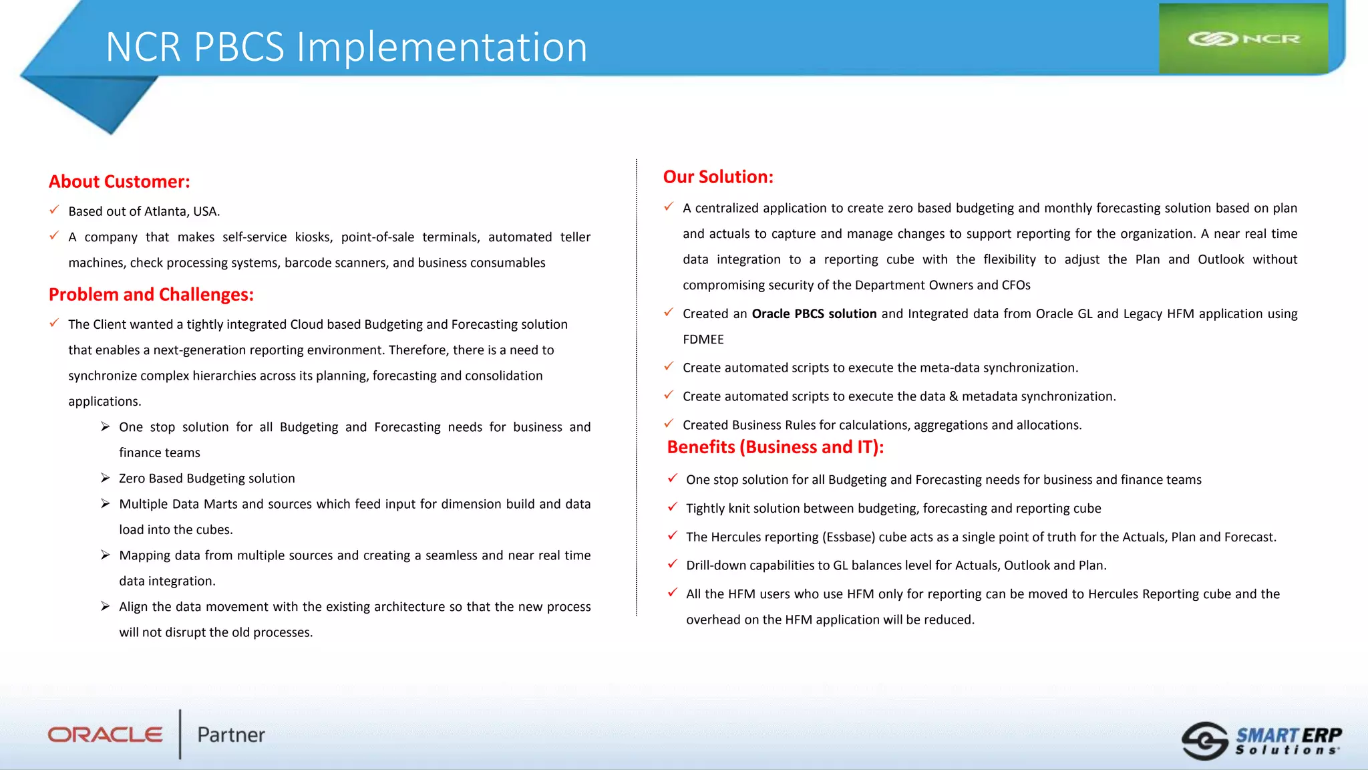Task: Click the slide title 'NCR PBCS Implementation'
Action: click(x=346, y=47)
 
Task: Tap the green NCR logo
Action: click(x=1243, y=39)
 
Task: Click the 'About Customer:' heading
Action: click(x=119, y=182)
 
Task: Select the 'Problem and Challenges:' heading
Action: click(x=151, y=295)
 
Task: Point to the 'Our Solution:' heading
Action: click(x=717, y=177)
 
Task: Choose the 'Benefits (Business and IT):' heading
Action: click(x=775, y=447)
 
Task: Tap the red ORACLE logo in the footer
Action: click(x=105, y=735)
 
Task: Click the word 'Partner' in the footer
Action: click(x=231, y=735)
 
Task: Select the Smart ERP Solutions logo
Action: click(x=1261, y=741)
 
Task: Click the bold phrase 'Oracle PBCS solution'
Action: click(x=814, y=314)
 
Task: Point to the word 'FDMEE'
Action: click(x=703, y=340)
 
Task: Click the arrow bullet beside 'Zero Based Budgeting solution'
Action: click(x=106, y=478)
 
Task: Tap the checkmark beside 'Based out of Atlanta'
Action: click(x=54, y=211)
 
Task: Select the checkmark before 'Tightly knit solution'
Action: click(x=672, y=507)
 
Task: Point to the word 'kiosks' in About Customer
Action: click(x=313, y=237)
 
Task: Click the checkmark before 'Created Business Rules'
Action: click(x=669, y=424)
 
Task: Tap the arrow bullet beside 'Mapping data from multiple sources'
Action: click(x=106, y=555)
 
